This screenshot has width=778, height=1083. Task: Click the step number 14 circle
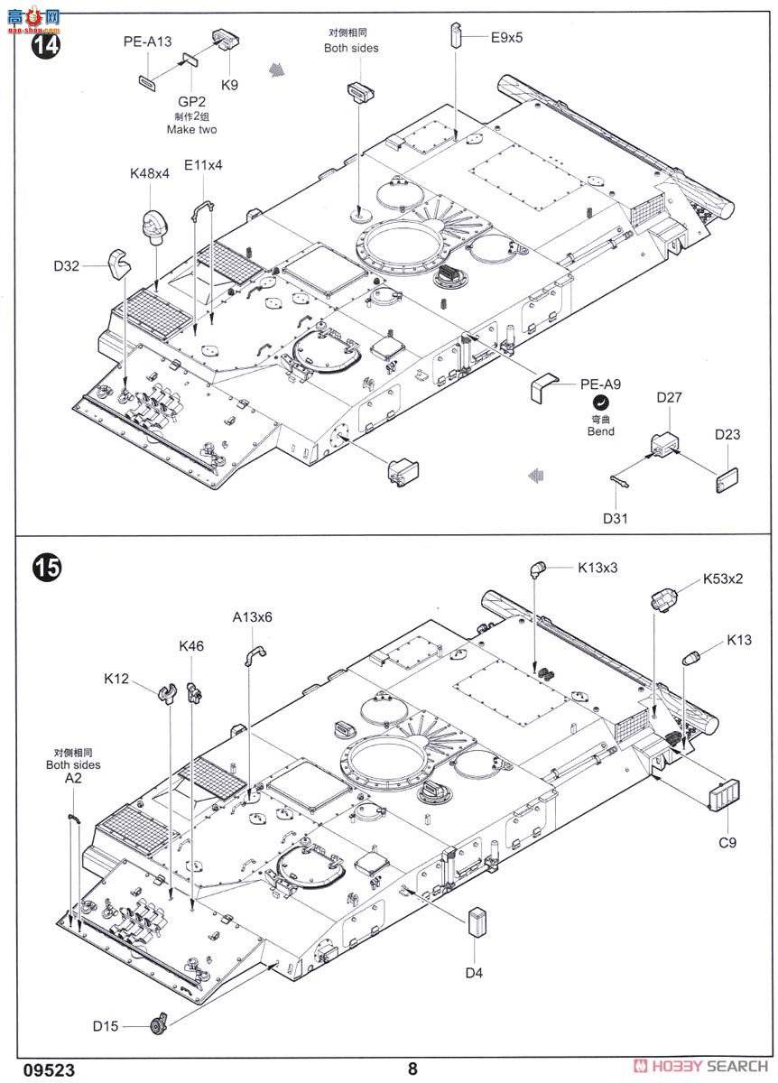[x=46, y=45]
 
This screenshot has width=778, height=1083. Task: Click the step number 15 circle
[x=46, y=567]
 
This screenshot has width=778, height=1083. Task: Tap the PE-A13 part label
[x=147, y=42]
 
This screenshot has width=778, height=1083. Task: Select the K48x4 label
[x=150, y=173]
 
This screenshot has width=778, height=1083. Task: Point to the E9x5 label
[x=506, y=38]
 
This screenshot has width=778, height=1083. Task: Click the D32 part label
[x=67, y=266]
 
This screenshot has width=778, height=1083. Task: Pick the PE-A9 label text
[x=600, y=384]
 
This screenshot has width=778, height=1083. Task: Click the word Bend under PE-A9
[x=600, y=431]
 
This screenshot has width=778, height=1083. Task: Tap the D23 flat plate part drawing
[x=727, y=480]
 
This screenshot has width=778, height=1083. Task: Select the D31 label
[x=615, y=519]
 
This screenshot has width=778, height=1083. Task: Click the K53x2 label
[x=723, y=579]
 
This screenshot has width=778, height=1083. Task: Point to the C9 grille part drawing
[x=724, y=794]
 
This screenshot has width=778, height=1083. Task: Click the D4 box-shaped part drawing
[x=477, y=923]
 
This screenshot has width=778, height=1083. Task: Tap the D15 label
[x=106, y=1026]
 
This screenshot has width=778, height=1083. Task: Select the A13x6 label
[x=253, y=617]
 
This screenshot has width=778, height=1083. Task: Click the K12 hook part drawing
[x=167, y=693]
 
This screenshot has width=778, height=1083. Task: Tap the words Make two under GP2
[x=192, y=130]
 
